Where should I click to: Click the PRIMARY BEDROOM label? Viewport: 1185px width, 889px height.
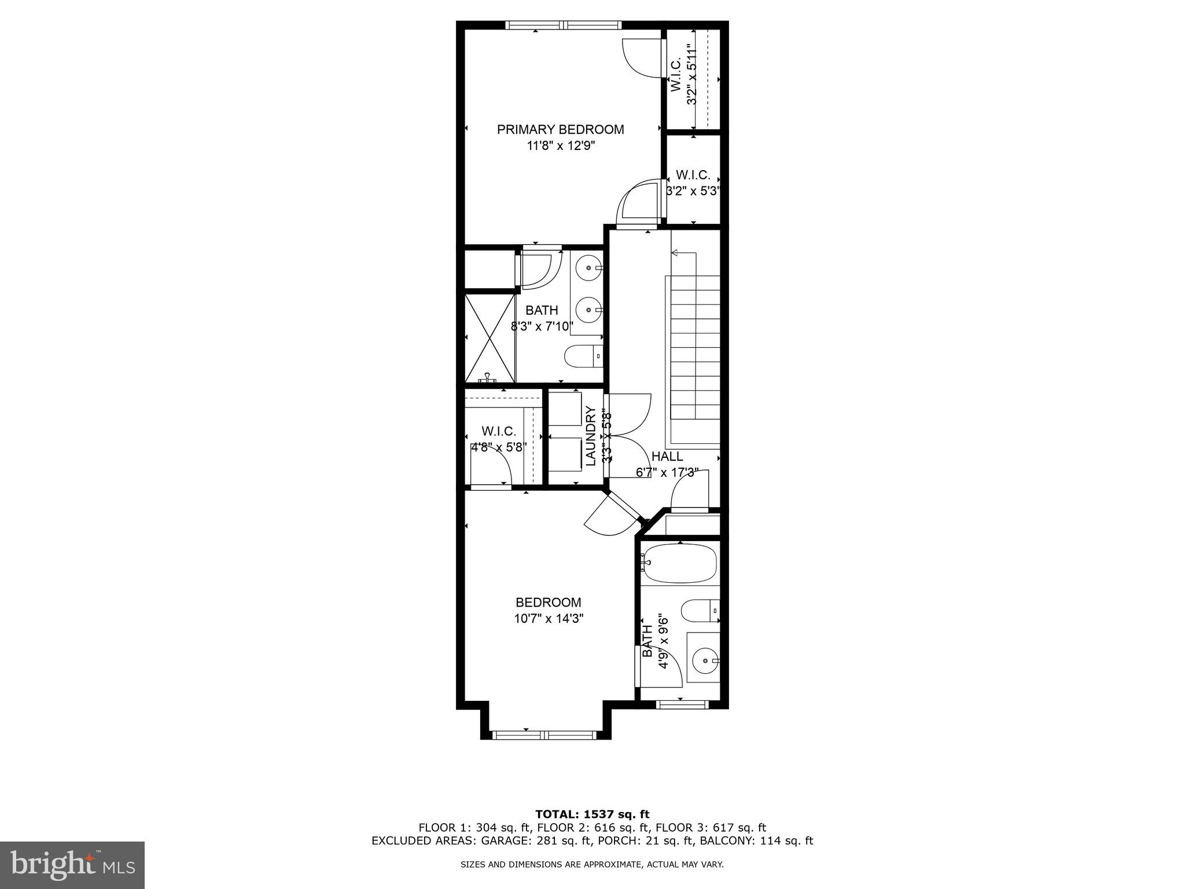560,130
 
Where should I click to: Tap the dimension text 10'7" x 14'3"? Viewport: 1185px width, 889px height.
548,619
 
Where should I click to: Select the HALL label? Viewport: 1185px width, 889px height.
667,456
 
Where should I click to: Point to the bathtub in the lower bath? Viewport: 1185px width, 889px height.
680,563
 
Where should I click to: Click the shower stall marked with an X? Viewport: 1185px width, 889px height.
490,338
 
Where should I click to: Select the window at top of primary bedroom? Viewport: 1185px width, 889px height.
563,25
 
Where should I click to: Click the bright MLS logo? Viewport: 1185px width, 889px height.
72,865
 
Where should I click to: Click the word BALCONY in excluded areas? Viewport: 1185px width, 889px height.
724,841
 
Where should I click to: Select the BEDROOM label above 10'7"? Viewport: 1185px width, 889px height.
548,603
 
